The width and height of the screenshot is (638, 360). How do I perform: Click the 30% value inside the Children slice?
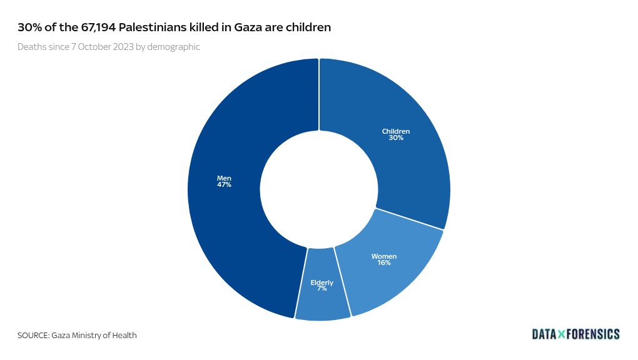396,137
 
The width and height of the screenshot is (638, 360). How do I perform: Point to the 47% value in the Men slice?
224,185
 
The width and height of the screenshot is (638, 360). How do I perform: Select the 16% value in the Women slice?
383,263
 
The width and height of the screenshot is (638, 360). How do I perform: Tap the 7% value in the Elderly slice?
322,289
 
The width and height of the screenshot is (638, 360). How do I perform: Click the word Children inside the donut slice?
396,131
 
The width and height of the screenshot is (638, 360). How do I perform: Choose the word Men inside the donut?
224,178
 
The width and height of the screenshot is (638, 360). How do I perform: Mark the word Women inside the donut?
383,256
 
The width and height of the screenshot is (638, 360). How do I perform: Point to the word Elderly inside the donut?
322,282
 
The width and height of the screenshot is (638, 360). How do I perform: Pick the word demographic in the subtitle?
174,47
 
